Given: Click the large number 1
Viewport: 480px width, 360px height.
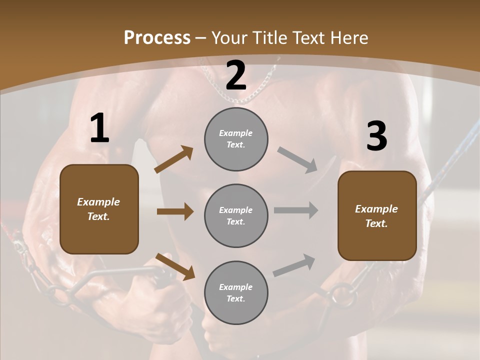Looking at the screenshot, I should (x=99, y=129).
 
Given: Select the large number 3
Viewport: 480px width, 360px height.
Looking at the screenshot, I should (x=376, y=136).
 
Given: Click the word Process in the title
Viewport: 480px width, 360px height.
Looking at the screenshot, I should (x=157, y=38).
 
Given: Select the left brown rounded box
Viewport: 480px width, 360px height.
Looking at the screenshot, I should (x=99, y=209).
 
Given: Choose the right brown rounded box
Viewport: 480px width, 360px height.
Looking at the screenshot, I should (x=377, y=216).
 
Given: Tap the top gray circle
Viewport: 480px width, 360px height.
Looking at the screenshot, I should (x=236, y=139).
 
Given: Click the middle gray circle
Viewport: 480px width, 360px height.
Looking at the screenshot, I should (x=236, y=215).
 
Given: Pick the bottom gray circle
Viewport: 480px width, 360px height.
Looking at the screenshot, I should (x=236, y=292).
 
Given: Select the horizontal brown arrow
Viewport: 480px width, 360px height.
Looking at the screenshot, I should (x=175, y=211).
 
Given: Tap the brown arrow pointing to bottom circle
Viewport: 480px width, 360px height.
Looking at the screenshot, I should (x=175, y=266).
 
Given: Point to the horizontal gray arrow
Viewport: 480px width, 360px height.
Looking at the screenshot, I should (x=296, y=210).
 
